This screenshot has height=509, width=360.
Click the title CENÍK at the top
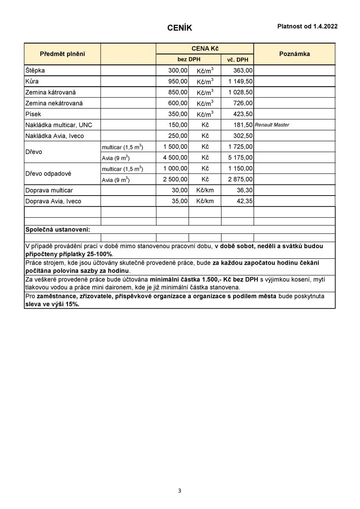coord(180,28)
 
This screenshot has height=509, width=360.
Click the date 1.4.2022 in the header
coord(326,26)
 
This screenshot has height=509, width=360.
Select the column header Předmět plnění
coord(62,54)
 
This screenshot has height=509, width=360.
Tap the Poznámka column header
coord(294,54)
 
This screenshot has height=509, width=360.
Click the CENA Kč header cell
coord(205,49)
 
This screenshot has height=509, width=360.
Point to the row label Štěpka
coord(35,70)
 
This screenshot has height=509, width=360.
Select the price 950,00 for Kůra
coord(178,81)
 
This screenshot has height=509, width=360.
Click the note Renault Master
coord(272,125)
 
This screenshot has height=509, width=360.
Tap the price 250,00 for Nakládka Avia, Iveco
coord(178,136)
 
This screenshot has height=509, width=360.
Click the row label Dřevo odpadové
coord(48,174)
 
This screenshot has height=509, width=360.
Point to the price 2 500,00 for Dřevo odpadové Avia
coord(175,179)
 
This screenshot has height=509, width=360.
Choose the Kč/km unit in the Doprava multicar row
coord(205,190)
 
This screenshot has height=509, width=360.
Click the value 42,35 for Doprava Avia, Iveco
coord(245,201)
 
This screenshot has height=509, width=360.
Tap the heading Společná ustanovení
coord(58,229)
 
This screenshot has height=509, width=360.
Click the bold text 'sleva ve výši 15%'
coord(52,304)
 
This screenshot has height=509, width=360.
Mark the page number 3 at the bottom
coord(180,491)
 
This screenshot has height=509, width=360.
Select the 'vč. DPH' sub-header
coord(237,60)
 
